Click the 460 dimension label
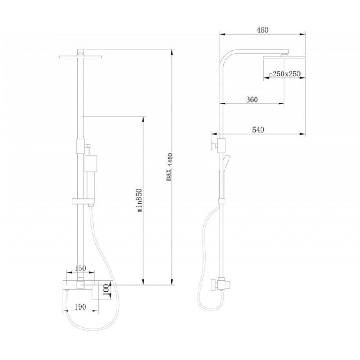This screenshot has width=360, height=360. click(263, 30)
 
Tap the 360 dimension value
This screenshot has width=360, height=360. click(252, 99)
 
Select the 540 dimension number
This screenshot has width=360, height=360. click(258, 130)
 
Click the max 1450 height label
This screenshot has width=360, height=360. click(169, 166)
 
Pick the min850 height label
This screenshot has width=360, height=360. click(139, 200)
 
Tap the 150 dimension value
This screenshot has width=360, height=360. click(81, 268)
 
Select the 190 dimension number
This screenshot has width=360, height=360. click(81, 306)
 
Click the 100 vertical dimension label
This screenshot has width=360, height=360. click(106, 290)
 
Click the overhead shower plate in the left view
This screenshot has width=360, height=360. click(81, 57)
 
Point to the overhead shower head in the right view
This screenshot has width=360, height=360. click(284, 57)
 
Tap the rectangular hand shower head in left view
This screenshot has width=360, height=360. click(90, 163)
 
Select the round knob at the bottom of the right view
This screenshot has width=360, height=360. click(213, 285)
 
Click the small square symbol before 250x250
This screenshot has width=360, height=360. click(271, 75)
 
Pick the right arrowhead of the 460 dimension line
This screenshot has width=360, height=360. click(302, 34)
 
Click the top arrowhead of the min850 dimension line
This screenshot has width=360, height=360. click(143, 119)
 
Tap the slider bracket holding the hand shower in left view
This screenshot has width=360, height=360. click(83, 201)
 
